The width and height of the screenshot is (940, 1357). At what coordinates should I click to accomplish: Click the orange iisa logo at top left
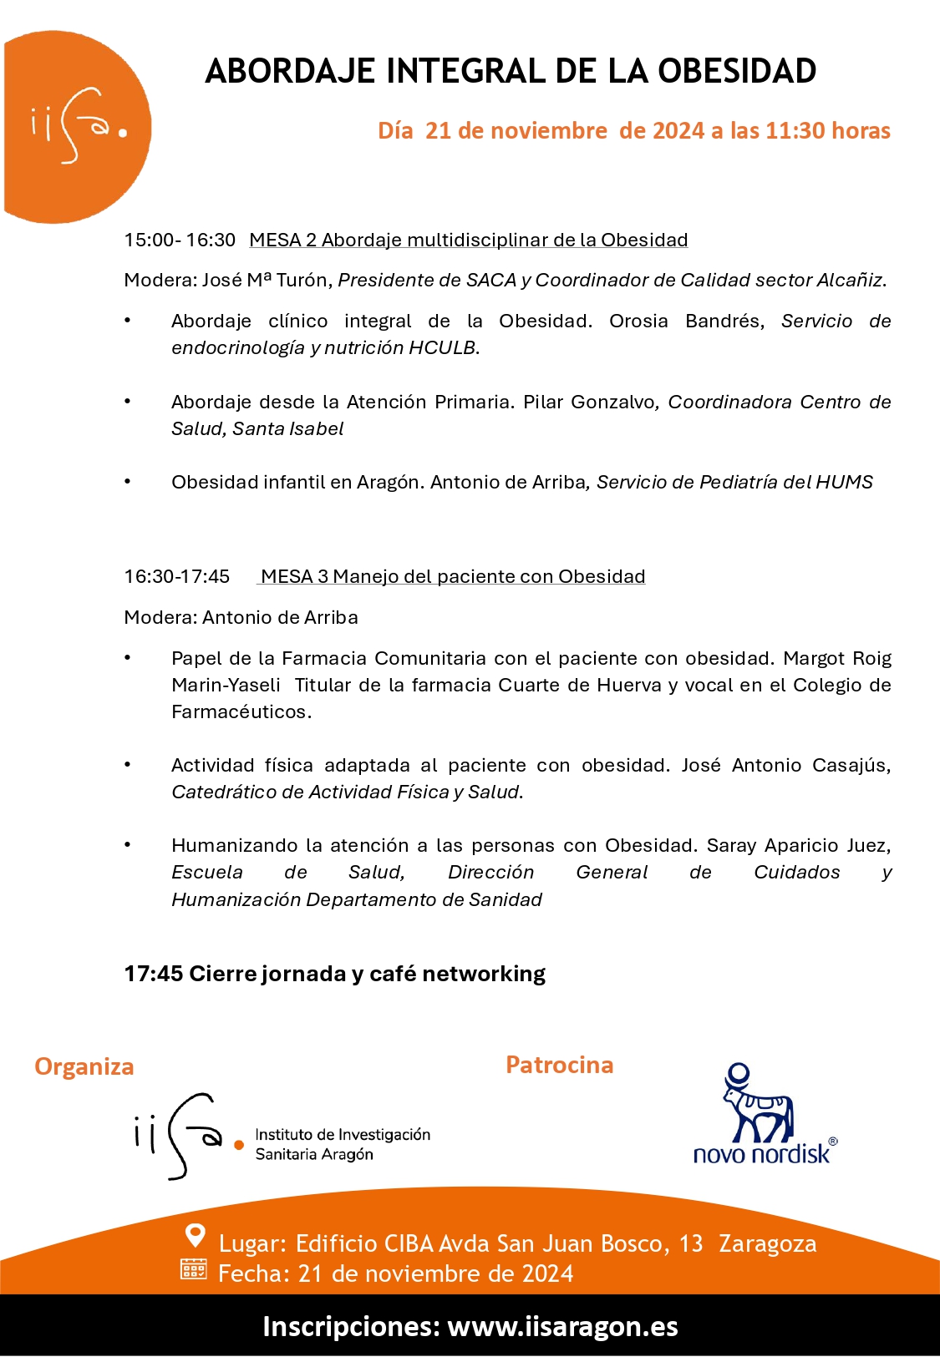(x=77, y=127)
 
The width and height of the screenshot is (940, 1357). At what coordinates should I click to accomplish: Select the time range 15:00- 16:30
(x=180, y=241)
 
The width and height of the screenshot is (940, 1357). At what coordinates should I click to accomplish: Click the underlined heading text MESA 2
(x=282, y=241)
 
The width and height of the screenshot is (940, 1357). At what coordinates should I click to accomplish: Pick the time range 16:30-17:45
(x=176, y=577)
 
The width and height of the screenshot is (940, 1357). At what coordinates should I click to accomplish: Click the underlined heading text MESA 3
(x=294, y=577)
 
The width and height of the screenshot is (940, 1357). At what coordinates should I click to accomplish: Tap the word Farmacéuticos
(x=241, y=712)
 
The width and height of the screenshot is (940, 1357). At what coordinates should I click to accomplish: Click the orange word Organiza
(x=84, y=1067)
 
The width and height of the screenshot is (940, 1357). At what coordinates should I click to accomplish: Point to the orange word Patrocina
(x=559, y=1066)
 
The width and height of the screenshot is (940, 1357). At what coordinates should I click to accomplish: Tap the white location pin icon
(x=195, y=1235)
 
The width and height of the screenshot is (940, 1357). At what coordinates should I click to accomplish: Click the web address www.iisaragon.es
(x=562, y=1327)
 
